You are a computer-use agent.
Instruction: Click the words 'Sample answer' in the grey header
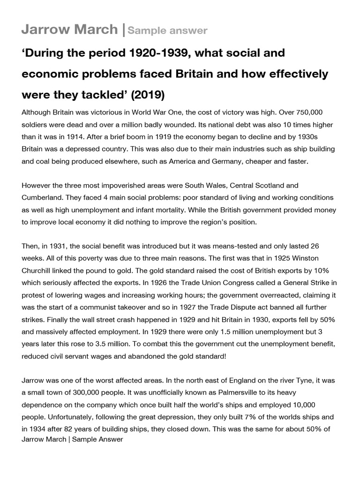click(167, 31)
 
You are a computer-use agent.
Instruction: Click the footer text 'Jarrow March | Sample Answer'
click(72, 439)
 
